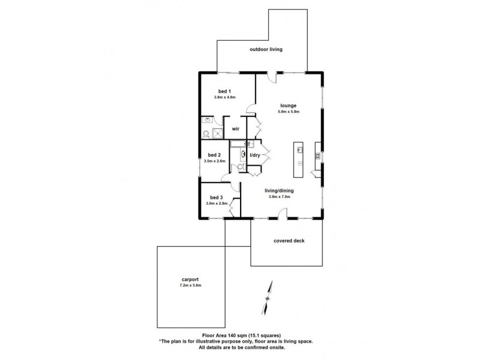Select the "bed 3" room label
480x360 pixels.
point(216,198)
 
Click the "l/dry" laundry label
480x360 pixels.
point(255,155)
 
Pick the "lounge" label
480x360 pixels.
point(289,106)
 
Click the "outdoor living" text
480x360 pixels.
point(266,49)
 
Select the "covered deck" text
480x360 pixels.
point(290,241)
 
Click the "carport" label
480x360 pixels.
point(190,279)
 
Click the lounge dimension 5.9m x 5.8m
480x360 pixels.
point(289,112)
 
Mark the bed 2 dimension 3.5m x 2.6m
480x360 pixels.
point(214,161)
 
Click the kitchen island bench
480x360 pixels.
point(298,159)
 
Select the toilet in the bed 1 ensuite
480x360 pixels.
point(206,134)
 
